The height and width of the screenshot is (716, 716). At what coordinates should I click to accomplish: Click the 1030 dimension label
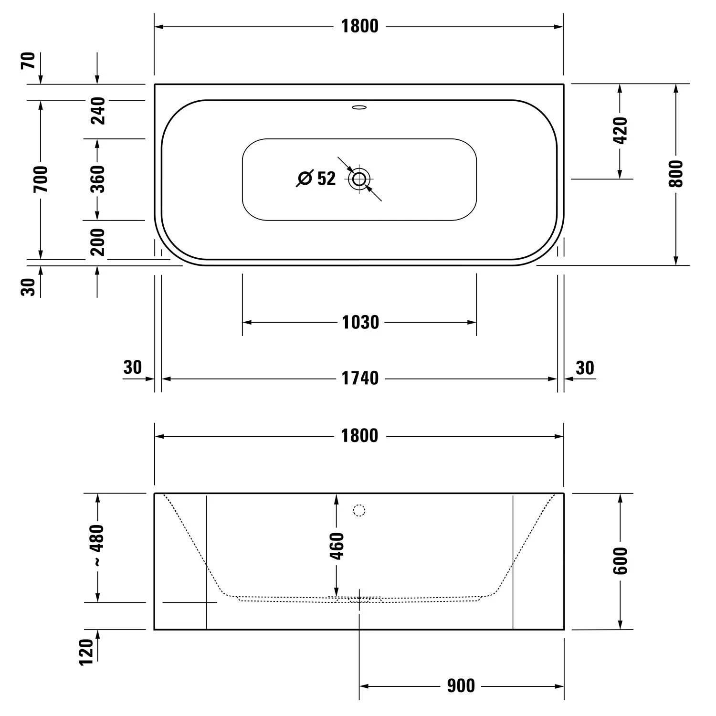(360, 323)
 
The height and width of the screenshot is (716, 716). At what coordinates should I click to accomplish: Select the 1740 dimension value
(360, 379)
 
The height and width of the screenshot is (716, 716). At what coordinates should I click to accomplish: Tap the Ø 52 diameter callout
(316, 179)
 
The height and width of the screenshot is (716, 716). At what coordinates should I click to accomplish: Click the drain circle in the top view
(359, 179)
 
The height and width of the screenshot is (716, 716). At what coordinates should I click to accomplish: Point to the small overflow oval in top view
(359, 107)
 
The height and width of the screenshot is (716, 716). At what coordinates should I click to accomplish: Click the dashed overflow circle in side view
(359, 510)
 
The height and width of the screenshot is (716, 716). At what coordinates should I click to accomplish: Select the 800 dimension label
(676, 174)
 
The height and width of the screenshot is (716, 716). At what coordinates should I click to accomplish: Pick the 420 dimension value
(620, 130)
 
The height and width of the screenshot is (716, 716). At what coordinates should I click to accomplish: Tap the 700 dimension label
(41, 179)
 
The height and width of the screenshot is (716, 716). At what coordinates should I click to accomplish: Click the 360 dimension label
(97, 179)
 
